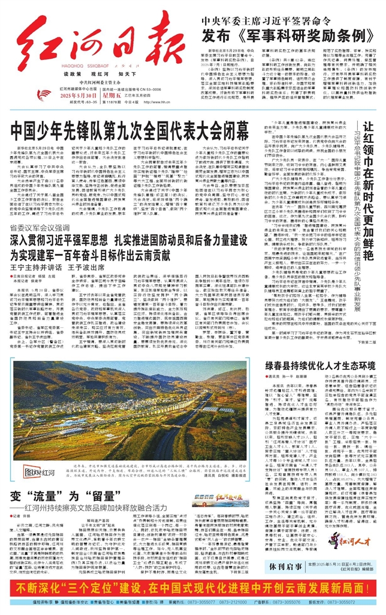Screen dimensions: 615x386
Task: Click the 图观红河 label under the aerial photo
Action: (x=39, y=458)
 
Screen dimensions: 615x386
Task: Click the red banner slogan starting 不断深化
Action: (x=192, y=586)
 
